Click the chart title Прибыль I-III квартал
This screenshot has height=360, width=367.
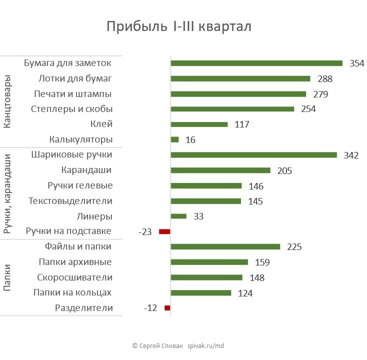click(x=178, y=26)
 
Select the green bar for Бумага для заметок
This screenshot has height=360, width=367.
click(x=256, y=63)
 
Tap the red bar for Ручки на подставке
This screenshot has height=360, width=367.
click(x=164, y=231)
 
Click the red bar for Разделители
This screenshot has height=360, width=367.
click(x=167, y=308)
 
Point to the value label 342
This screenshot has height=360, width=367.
click(x=351, y=155)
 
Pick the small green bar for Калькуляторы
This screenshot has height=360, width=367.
click(x=174, y=139)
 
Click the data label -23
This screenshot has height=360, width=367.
click(x=145, y=232)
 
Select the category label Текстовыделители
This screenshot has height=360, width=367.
click(x=70, y=201)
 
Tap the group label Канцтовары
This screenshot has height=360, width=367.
click(x=7, y=102)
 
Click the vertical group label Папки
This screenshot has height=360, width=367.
click(x=7, y=277)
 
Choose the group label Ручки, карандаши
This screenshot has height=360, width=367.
click(x=7, y=193)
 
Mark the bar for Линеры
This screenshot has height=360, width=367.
click(x=178, y=216)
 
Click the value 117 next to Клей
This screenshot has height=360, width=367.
click(x=242, y=124)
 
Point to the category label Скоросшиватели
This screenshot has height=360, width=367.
click(x=75, y=277)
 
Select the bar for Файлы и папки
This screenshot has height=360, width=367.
click(x=225, y=246)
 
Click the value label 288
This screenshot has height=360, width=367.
click(x=325, y=79)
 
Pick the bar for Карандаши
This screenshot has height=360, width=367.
click(x=220, y=170)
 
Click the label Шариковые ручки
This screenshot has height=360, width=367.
click(x=71, y=155)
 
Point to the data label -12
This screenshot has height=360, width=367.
click(x=150, y=308)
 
